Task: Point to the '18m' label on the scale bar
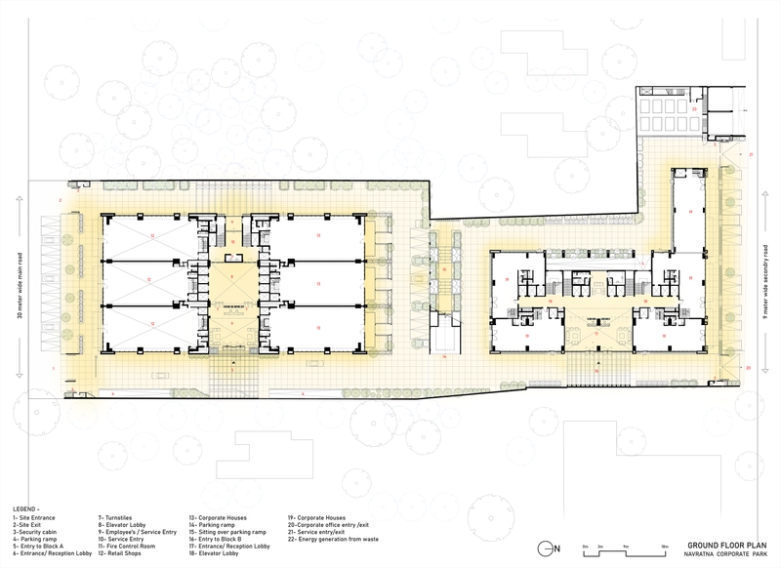[663, 543]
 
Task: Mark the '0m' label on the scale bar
[584, 543]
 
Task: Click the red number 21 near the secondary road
[752, 154]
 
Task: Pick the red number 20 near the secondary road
[748, 367]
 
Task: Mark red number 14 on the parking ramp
[443, 357]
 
